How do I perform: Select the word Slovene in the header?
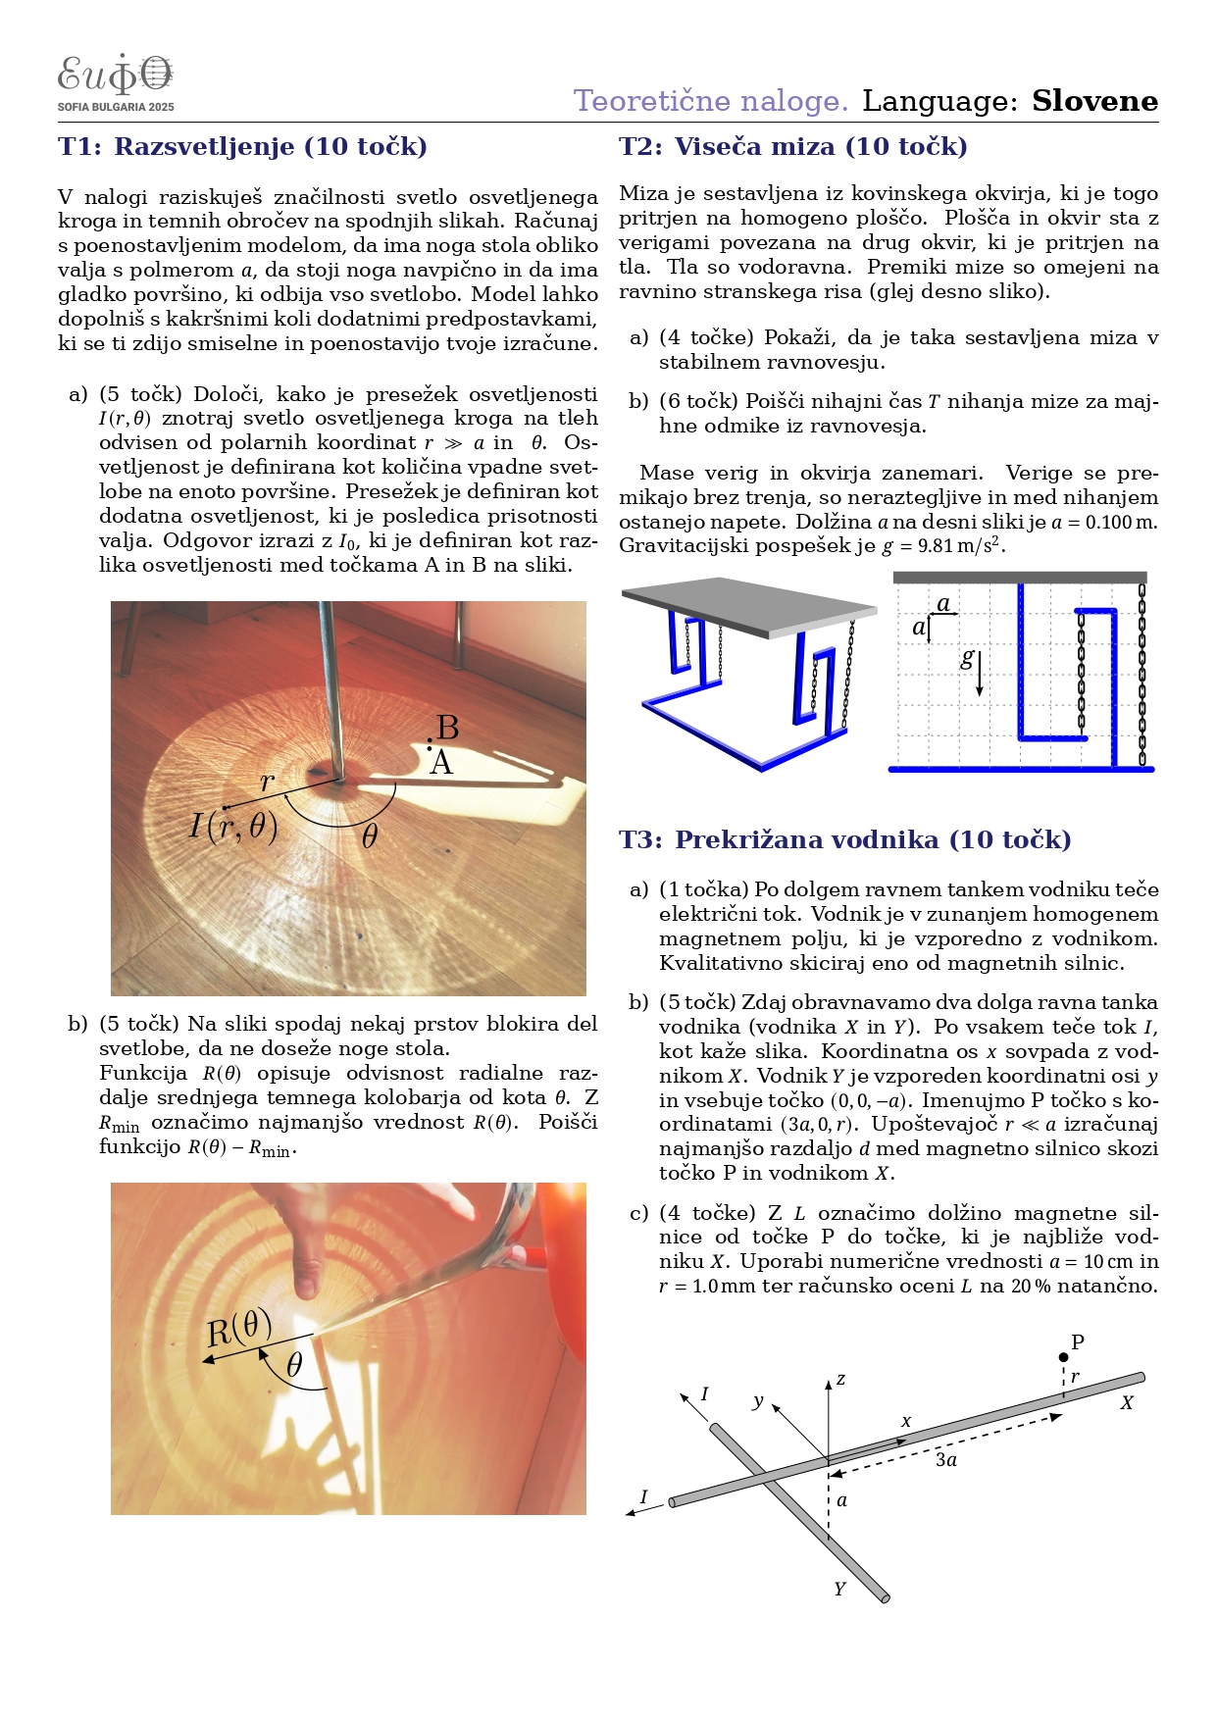pyautogui.click(x=1094, y=101)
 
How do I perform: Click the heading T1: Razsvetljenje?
pyautogui.click(x=242, y=147)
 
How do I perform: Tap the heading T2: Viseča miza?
pyautogui.click(x=792, y=147)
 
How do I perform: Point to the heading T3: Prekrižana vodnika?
pyautogui.click(x=844, y=839)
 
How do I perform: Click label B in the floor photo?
pyautogui.click(x=447, y=728)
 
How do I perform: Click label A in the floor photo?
pyautogui.click(x=441, y=763)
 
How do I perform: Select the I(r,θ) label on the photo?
pyautogui.click(x=233, y=827)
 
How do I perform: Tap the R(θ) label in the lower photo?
pyautogui.click(x=238, y=1330)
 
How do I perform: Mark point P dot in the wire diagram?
pyautogui.click(x=1063, y=1358)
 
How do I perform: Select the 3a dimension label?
pyautogui.click(x=945, y=1460)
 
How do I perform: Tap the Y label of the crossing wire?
pyautogui.click(x=839, y=1590)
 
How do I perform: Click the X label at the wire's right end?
pyautogui.click(x=1127, y=1403)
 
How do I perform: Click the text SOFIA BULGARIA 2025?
pyautogui.click(x=116, y=107)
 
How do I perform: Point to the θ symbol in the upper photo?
pyautogui.click(x=370, y=836)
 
